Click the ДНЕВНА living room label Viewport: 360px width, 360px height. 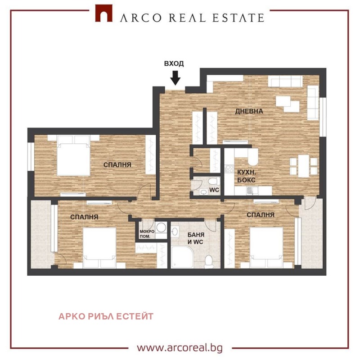249,111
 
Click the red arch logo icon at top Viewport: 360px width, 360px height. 103,14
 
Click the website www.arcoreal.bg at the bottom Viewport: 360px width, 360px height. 180,348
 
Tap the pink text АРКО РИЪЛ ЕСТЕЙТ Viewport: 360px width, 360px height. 106,316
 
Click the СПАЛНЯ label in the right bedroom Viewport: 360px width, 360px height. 261,215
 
